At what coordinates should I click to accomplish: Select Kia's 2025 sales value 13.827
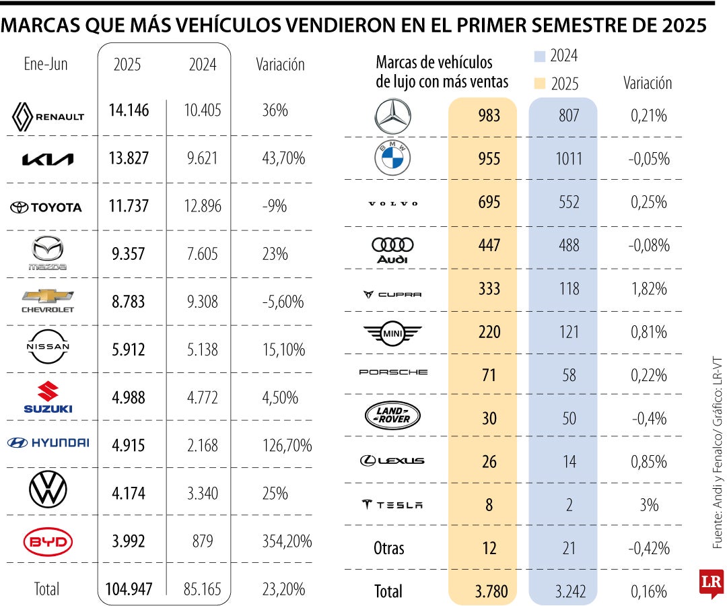(x=129, y=158)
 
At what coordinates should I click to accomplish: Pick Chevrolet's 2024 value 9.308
(x=202, y=302)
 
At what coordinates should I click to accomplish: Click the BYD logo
(x=47, y=541)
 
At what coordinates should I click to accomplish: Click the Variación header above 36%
(x=280, y=65)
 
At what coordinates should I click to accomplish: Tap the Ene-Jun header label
(x=46, y=65)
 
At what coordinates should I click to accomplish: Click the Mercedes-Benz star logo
(x=392, y=116)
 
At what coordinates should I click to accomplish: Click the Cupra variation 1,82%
(x=649, y=289)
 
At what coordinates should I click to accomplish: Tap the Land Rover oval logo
(x=392, y=417)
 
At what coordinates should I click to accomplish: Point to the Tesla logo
(x=392, y=505)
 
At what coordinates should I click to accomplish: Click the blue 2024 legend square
(x=539, y=56)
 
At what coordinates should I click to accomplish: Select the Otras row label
(x=389, y=548)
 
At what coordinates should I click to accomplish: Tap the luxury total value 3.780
(x=491, y=591)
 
